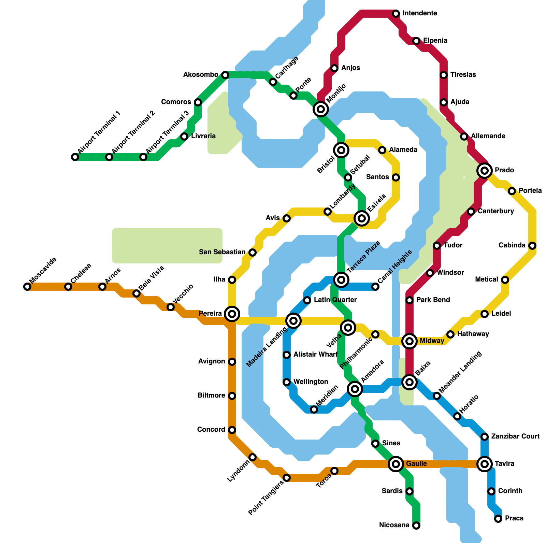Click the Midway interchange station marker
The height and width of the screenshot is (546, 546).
pos(409,341)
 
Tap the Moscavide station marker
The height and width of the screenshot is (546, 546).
pos(27,287)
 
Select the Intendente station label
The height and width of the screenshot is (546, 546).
pos(420,13)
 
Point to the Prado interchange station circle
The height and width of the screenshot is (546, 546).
pos(485,170)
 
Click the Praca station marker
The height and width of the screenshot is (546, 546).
pos(498,519)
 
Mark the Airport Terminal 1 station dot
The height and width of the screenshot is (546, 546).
pos(75,157)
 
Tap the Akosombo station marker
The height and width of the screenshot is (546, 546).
pos(225,75)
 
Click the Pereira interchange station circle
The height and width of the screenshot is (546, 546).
pos(232,314)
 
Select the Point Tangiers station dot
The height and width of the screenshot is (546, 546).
pos(287,478)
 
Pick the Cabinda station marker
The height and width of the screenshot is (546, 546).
pos(532,246)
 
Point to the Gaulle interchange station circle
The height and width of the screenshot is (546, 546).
pos(396,464)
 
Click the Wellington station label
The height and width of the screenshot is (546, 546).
pos(311,382)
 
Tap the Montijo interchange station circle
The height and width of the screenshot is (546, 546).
pos(321,109)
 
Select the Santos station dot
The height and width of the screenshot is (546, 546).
pos(396,177)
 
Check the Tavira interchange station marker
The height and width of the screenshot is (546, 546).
pos(485,464)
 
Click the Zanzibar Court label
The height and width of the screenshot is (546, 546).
pos(515,436)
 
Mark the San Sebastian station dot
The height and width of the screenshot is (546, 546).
pos(253,253)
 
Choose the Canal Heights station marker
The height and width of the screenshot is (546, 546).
pos(375,287)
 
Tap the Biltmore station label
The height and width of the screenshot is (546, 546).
pos(211,396)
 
